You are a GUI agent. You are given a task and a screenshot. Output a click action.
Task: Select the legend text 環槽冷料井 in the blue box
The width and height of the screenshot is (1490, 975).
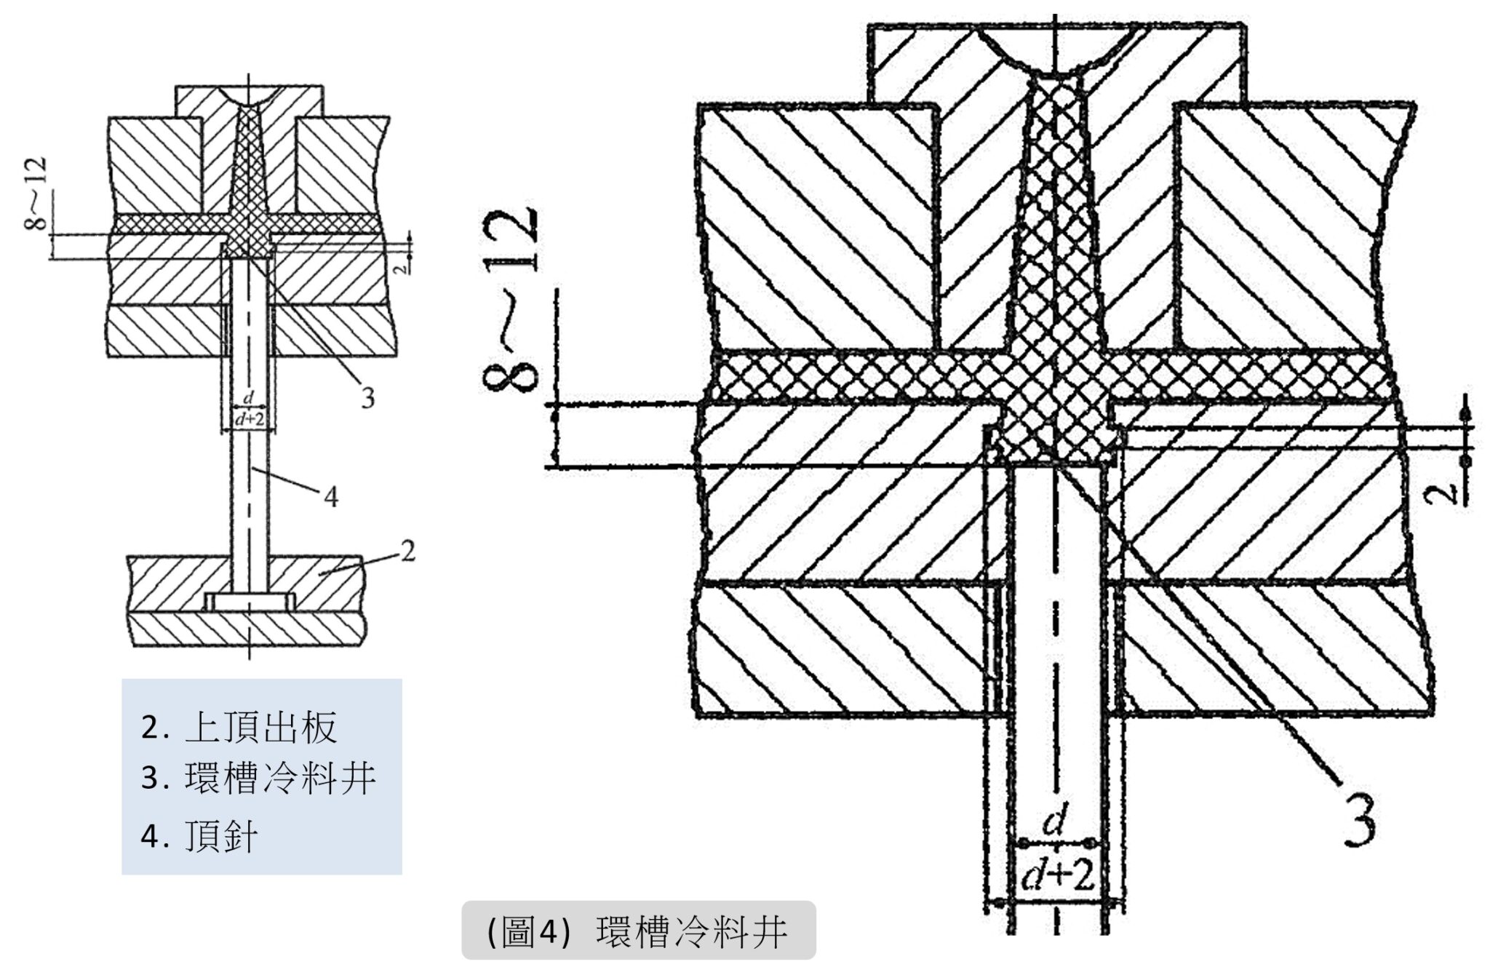pyautogui.click(x=280, y=779)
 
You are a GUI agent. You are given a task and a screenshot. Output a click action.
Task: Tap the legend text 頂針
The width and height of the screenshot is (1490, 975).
pyautogui.click(x=221, y=837)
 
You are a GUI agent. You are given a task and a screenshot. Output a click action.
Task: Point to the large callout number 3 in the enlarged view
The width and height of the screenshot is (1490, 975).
pyautogui.click(x=1357, y=820)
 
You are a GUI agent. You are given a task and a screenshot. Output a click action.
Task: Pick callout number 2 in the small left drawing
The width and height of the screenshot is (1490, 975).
pyautogui.click(x=407, y=552)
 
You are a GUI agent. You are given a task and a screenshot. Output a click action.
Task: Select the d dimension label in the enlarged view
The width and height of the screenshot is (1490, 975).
pyautogui.click(x=1054, y=824)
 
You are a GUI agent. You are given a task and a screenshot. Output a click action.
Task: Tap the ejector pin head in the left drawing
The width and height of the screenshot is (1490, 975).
pyautogui.click(x=249, y=602)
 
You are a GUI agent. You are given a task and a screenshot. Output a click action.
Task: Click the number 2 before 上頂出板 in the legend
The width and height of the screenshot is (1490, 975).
pyautogui.click(x=150, y=728)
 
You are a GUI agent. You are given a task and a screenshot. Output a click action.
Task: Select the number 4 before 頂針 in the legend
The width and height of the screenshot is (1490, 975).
pyautogui.click(x=150, y=837)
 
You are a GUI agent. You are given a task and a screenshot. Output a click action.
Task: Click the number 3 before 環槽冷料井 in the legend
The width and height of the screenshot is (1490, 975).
pyautogui.click(x=150, y=779)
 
